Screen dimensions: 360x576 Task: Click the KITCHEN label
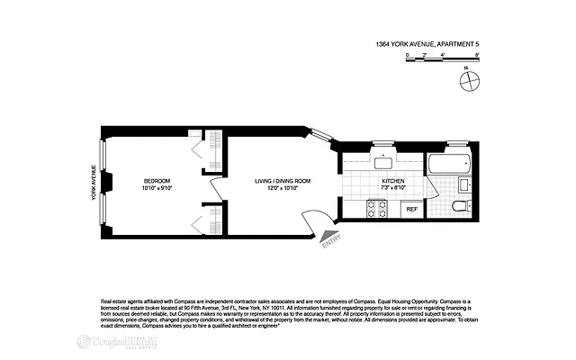click(x=392, y=180)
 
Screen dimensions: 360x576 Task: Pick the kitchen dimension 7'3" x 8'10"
click(x=392, y=188)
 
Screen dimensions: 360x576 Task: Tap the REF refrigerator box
click(x=412, y=209)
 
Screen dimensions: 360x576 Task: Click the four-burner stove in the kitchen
click(x=375, y=209)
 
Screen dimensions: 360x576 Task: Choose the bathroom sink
click(x=464, y=186)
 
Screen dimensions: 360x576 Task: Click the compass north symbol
click(x=467, y=82)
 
